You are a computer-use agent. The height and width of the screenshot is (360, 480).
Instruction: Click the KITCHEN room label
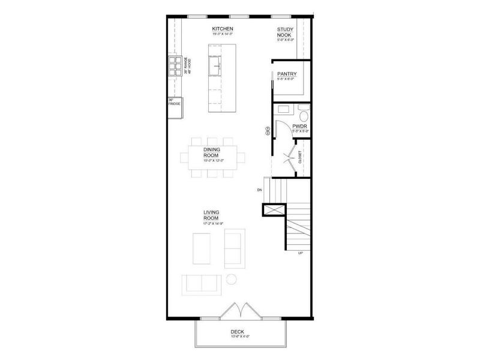[x=222, y=29]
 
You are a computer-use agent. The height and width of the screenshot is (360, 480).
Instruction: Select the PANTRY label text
[x=287, y=73]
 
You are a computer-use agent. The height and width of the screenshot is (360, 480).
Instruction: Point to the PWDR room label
[x=300, y=126]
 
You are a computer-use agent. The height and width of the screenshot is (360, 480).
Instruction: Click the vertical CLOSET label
[x=300, y=157]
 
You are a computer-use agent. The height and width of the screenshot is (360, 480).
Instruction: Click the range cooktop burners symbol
[x=175, y=65]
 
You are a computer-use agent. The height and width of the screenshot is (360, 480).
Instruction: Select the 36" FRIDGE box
[x=173, y=102]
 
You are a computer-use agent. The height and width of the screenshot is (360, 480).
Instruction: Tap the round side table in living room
[x=232, y=279]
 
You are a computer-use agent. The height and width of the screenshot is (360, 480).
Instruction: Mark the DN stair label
[x=259, y=190]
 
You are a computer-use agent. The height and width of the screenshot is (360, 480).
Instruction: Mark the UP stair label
[x=299, y=253]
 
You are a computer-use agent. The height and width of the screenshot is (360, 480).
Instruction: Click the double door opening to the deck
[x=239, y=311]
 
